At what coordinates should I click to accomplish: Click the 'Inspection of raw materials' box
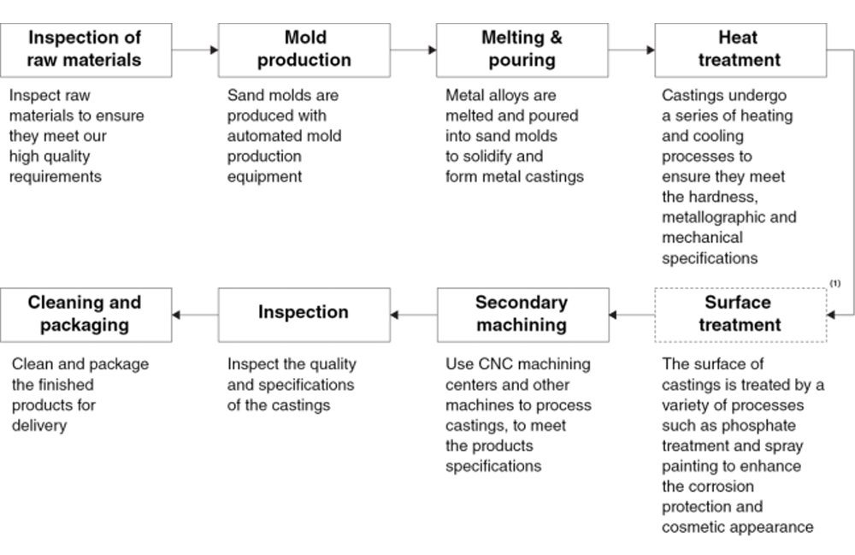[86, 50]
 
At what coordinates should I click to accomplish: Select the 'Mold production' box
[304, 50]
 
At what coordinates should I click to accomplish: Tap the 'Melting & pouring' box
[522, 50]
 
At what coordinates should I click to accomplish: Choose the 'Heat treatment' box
[740, 50]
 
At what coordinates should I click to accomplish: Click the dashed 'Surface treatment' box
[740, 315]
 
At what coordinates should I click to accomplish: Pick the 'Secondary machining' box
[523, 315]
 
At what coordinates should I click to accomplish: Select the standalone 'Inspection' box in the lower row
[304, 315]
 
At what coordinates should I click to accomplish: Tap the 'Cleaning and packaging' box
[86, 315]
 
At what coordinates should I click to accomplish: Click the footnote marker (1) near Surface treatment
[834, 283]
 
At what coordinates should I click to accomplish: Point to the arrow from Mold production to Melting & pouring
[413, 50]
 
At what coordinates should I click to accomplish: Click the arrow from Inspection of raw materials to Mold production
[195, 50]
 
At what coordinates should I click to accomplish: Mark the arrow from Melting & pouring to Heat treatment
[632, 50]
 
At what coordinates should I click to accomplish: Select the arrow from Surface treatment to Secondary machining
[632, 315]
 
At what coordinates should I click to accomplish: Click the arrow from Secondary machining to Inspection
[414, 315]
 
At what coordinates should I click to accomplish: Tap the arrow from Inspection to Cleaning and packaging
[195, 315]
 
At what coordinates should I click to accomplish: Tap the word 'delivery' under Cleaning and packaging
[39, 426]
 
